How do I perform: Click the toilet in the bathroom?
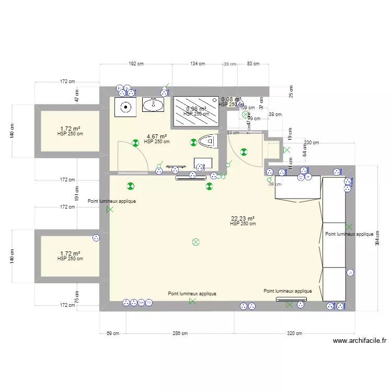[208, 141]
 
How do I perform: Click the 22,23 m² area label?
[243, 219]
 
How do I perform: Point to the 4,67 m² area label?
[156, 137]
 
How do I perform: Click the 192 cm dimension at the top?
[136, 64]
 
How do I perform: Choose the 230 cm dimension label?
[311, 143]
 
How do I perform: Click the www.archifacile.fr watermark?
[360, 341]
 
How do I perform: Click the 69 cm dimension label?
[112, 333]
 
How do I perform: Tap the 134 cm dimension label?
[198, 64]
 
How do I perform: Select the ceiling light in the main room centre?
[196, 241]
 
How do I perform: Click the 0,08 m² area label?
[231, 99]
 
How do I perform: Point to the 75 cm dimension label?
[77, 297]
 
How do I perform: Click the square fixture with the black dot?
[126, 107]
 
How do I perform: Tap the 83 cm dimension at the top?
[253, 64]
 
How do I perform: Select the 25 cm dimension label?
[292, 92]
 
